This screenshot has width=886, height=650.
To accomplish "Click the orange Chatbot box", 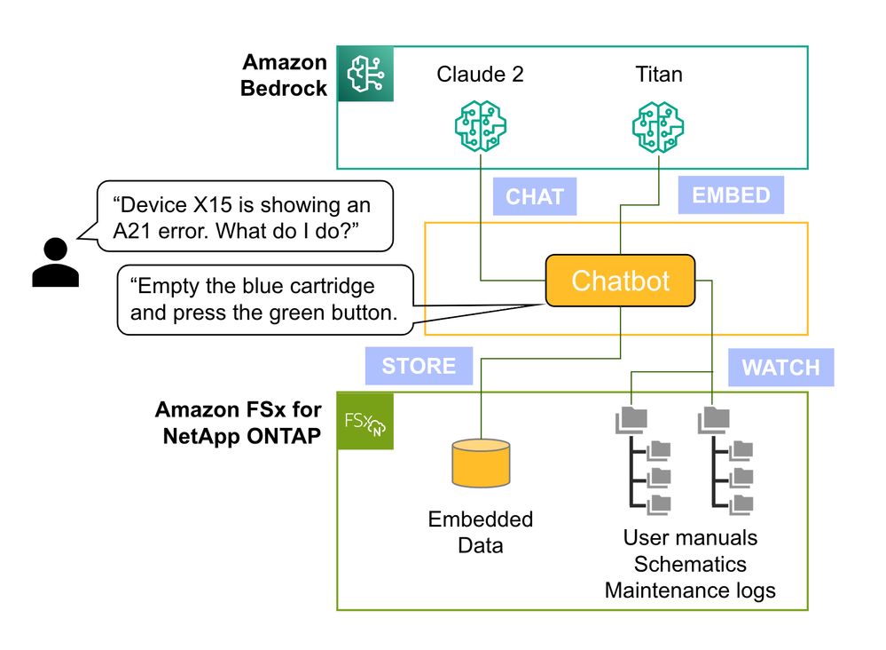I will pos(620,281).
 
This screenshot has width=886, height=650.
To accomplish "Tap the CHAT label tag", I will pos(534,196).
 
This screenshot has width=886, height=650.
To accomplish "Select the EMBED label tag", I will pos(731,194).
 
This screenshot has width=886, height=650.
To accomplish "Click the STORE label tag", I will pos(419,366).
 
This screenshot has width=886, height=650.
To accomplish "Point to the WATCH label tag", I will pos(780,367).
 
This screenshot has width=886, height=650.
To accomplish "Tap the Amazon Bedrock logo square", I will pos(365,75).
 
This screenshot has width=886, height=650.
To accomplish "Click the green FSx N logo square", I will pos(365,421).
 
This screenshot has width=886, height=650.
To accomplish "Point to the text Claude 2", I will pos(480,74).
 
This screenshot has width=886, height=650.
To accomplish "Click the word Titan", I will pos(658,74).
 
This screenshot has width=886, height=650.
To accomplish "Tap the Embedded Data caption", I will pos(481,532).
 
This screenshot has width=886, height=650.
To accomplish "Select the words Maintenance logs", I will pos(690,591).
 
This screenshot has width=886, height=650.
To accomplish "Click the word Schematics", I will pos(690,564).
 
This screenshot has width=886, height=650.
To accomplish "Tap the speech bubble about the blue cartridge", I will pos(266,299).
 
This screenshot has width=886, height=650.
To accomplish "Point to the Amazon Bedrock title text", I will pos(285,75).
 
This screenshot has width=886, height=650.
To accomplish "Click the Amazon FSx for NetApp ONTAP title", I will pos(238,424).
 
